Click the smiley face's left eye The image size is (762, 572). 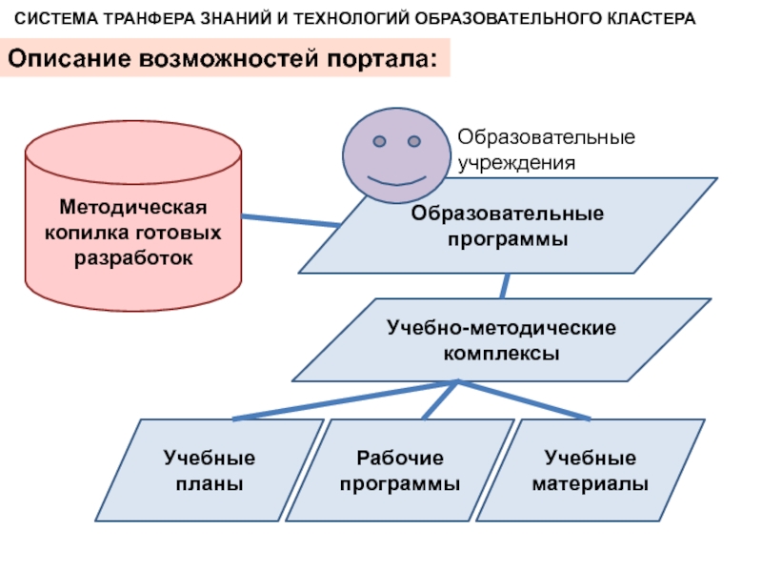(x=379, y=142)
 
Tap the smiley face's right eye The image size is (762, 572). (x=414, y=142)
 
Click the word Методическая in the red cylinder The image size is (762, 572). (x=132, y=207)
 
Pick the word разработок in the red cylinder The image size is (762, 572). (x=132, y=257)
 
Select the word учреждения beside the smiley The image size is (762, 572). (x=517, y=162)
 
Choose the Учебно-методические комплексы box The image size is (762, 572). (x=501, y=339)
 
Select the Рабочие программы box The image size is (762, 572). (x=399, y=471)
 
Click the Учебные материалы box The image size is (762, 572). (x=590, y=471)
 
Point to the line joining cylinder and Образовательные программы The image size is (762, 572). (x=290, y=220)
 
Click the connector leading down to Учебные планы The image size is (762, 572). (x=343, y=400)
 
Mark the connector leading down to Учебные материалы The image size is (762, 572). (x=524, y=399)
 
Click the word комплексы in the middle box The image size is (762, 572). (x=501, y=353)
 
